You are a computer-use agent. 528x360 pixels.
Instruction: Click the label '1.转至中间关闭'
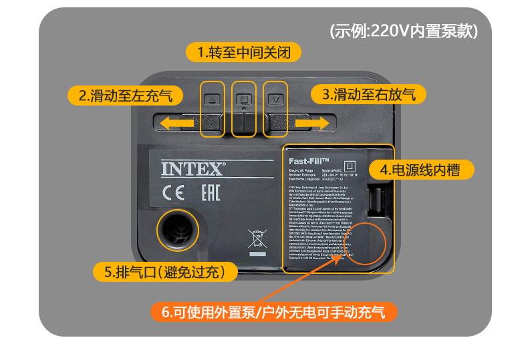point(244,52)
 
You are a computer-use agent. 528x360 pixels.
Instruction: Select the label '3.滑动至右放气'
point(368,95)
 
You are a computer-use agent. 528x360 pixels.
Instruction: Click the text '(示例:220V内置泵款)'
point(404,31)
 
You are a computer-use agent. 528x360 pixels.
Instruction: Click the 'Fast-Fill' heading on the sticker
point(309,160)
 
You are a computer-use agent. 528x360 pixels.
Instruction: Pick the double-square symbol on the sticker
point(348,165)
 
